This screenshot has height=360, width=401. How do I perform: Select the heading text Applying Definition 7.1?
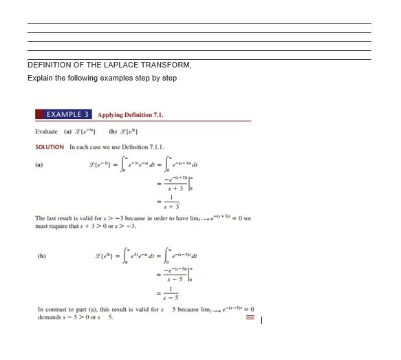tap(131, 115)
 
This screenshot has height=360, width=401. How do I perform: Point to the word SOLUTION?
tap(50, 147)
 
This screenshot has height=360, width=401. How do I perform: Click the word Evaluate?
tap(46, 131)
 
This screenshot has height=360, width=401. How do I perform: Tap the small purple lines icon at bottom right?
tap(250, 319)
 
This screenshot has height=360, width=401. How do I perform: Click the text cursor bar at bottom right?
tap(262, 319)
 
